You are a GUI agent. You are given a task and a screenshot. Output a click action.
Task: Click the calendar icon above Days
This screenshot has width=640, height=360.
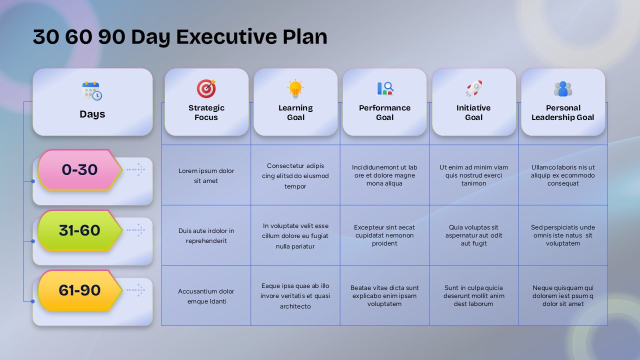[92, 91]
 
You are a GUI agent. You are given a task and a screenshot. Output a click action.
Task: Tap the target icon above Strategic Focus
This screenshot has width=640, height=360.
[206, 89]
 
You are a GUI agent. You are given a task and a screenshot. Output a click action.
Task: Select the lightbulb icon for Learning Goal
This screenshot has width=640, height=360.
[295, 89]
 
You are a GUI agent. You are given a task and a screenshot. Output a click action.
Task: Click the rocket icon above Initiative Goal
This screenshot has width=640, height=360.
[473, 89]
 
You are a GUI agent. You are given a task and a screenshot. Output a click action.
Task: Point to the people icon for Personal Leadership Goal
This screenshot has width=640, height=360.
[563, 89]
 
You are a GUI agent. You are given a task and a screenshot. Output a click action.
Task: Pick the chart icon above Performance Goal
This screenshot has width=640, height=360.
[384, 89]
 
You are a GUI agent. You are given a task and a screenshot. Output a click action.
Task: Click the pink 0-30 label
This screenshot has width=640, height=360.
[79, 170]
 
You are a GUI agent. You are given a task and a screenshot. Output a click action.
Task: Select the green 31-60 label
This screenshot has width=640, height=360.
[79, 230]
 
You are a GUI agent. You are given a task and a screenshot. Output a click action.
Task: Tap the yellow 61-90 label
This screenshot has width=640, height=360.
[79, 290]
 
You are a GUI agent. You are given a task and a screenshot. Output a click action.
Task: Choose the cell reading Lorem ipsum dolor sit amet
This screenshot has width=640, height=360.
[206, 175]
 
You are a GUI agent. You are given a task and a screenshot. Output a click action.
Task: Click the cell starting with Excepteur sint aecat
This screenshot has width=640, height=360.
[384, 235]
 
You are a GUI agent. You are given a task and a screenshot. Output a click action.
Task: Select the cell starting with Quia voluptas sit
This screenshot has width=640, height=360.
[473, 235]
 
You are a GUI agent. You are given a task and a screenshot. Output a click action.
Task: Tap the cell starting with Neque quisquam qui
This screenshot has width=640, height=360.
[563, 295]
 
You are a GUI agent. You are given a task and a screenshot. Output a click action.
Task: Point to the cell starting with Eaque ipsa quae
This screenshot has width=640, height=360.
[295, 295]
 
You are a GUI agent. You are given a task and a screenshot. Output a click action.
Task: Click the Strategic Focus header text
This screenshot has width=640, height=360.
[206, 112]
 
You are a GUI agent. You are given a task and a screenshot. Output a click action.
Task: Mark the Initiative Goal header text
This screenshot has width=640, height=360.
[473, 112]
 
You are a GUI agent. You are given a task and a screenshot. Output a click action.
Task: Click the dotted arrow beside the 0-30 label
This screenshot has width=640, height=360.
[135, 170]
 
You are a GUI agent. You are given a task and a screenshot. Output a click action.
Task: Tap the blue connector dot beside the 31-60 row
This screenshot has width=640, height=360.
[33, 241]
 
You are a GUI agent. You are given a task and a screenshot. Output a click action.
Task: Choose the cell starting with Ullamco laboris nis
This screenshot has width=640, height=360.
[563, 175]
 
